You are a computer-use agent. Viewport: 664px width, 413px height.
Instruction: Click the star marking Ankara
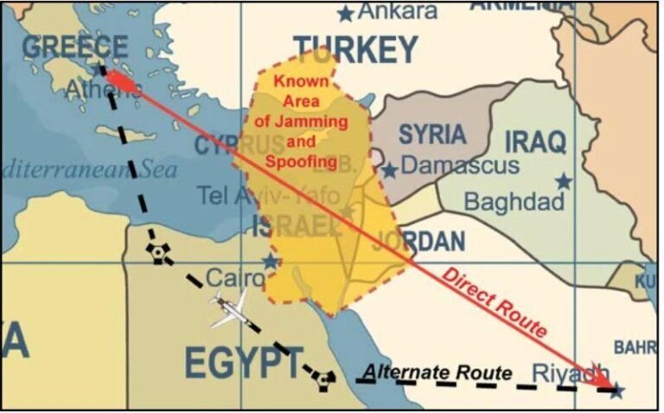(x=346, y=13)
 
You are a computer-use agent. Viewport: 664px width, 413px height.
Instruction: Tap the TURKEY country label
(x=355, y=50)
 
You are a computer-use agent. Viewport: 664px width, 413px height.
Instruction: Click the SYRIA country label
(x=431, y=134)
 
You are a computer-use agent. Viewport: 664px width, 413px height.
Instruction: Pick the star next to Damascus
(x=390, y=169)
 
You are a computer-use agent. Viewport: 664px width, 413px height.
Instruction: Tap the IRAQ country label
(x=535, y=141)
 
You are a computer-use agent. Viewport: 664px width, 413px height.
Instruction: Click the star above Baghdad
(x=564, y=181)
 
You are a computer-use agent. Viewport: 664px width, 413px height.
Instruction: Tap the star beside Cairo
(x=271, y=261)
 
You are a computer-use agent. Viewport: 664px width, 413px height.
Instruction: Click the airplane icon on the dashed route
(x=228, y=308)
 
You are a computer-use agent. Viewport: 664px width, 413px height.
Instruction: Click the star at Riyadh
(x=616, y=391)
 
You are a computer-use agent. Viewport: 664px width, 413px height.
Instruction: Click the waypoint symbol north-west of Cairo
(x=156, y=251)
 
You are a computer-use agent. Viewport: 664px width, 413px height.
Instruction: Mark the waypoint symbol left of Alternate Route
(x=322, y=378)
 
